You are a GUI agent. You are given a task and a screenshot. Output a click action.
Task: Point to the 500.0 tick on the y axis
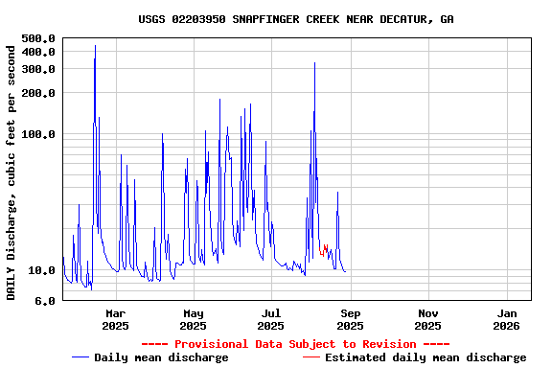(38, 38)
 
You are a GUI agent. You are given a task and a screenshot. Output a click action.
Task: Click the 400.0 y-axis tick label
(38, 52)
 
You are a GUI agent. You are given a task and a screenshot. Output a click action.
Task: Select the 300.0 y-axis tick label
(38, 69)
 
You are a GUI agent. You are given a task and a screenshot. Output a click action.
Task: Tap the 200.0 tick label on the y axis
(38, 93)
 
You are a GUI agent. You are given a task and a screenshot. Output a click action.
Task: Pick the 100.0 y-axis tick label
(38, 134)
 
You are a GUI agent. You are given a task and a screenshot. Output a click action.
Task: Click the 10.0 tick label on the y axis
(42, 271)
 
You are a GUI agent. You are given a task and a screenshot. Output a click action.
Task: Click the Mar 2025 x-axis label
(115, 319)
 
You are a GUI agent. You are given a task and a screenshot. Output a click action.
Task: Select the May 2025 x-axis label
(194, 319)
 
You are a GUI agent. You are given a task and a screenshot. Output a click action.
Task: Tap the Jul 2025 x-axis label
(271, 319)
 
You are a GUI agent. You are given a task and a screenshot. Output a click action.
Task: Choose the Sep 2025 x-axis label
(350, 319)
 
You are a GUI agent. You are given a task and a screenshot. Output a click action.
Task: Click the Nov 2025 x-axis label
(428, 319)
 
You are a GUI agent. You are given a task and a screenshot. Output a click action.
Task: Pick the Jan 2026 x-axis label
(507, 319)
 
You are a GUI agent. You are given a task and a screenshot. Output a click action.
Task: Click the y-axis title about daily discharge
(11, 170)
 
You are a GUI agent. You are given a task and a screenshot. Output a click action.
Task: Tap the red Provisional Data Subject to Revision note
(295, 344)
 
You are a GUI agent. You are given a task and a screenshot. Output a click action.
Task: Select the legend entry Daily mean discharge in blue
(150, 357)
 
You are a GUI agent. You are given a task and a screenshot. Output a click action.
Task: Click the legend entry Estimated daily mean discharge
(414, 357)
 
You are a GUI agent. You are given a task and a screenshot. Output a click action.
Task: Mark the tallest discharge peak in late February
(95, 46)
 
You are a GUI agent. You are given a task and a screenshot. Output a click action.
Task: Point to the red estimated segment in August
(326, 248)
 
